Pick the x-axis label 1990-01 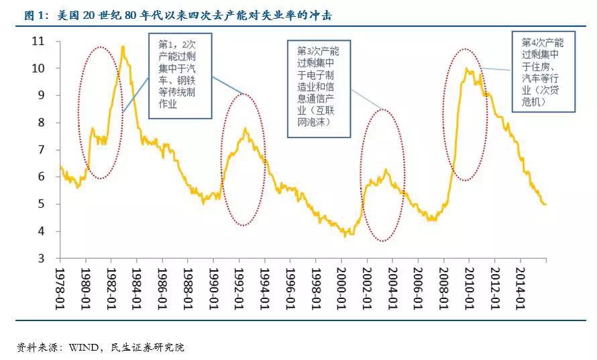coord(214,286)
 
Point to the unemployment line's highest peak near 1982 coord(123,46)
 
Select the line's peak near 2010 coord(466,68)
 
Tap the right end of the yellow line coord(545,204)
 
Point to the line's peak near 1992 coord(246,129)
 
